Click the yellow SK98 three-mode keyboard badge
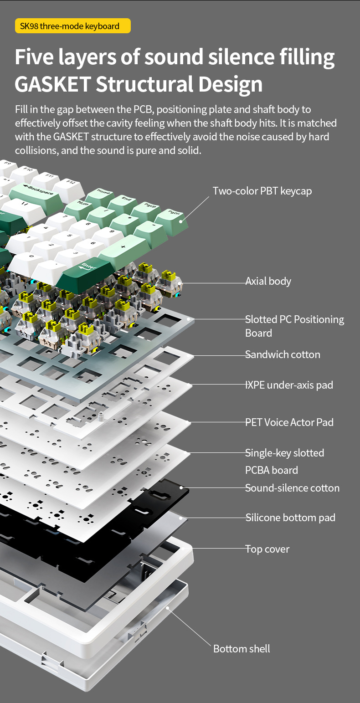pyautogui.click(x=73, y=26)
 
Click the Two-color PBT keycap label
pyautogui.click(x=262, y=190)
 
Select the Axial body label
pyautogui.click(x=268, y=281)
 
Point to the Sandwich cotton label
pyautogui.click(x=283, y=354)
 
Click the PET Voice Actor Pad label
pyautogui.click(x=289, y=422)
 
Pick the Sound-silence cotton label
pyautogui.click(x=292, y=488)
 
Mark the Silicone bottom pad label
pyautogui.click(x=290, y=518)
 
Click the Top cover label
pyautogui.click(x=267, y=549)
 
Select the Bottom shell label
pyautogui.click(x=242, y=648)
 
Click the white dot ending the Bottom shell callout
pyautogui.click(x=168, y=607)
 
